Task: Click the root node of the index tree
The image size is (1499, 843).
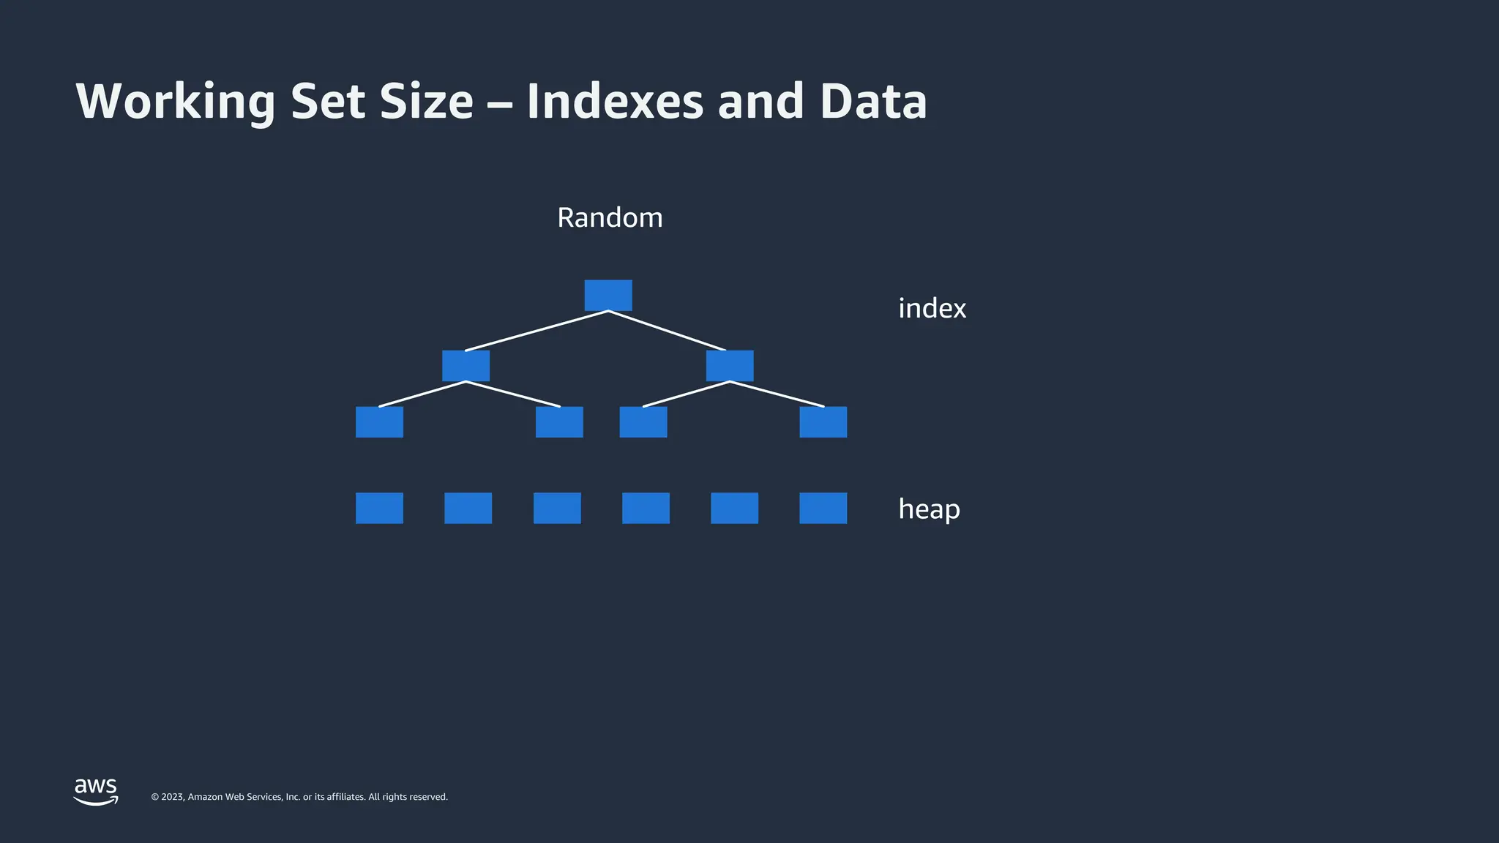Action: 608,295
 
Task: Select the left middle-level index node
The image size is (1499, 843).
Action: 466,365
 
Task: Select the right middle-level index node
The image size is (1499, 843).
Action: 730,365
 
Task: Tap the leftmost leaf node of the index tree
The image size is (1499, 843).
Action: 379,422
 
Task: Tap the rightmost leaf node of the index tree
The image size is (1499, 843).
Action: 823,422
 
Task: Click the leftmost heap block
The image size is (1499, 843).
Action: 379,508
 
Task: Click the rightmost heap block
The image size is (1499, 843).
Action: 823,508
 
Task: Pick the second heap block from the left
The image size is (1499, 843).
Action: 468,508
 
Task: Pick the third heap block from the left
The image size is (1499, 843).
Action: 557,508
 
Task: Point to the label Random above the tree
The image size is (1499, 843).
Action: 610,218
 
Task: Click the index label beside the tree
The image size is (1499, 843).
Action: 932,309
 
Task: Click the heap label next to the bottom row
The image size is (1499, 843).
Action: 929,509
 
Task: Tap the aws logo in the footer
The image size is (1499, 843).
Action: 96,790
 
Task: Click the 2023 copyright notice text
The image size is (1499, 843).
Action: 299,797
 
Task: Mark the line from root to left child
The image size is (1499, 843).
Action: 537,331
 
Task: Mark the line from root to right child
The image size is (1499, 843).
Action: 667,331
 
